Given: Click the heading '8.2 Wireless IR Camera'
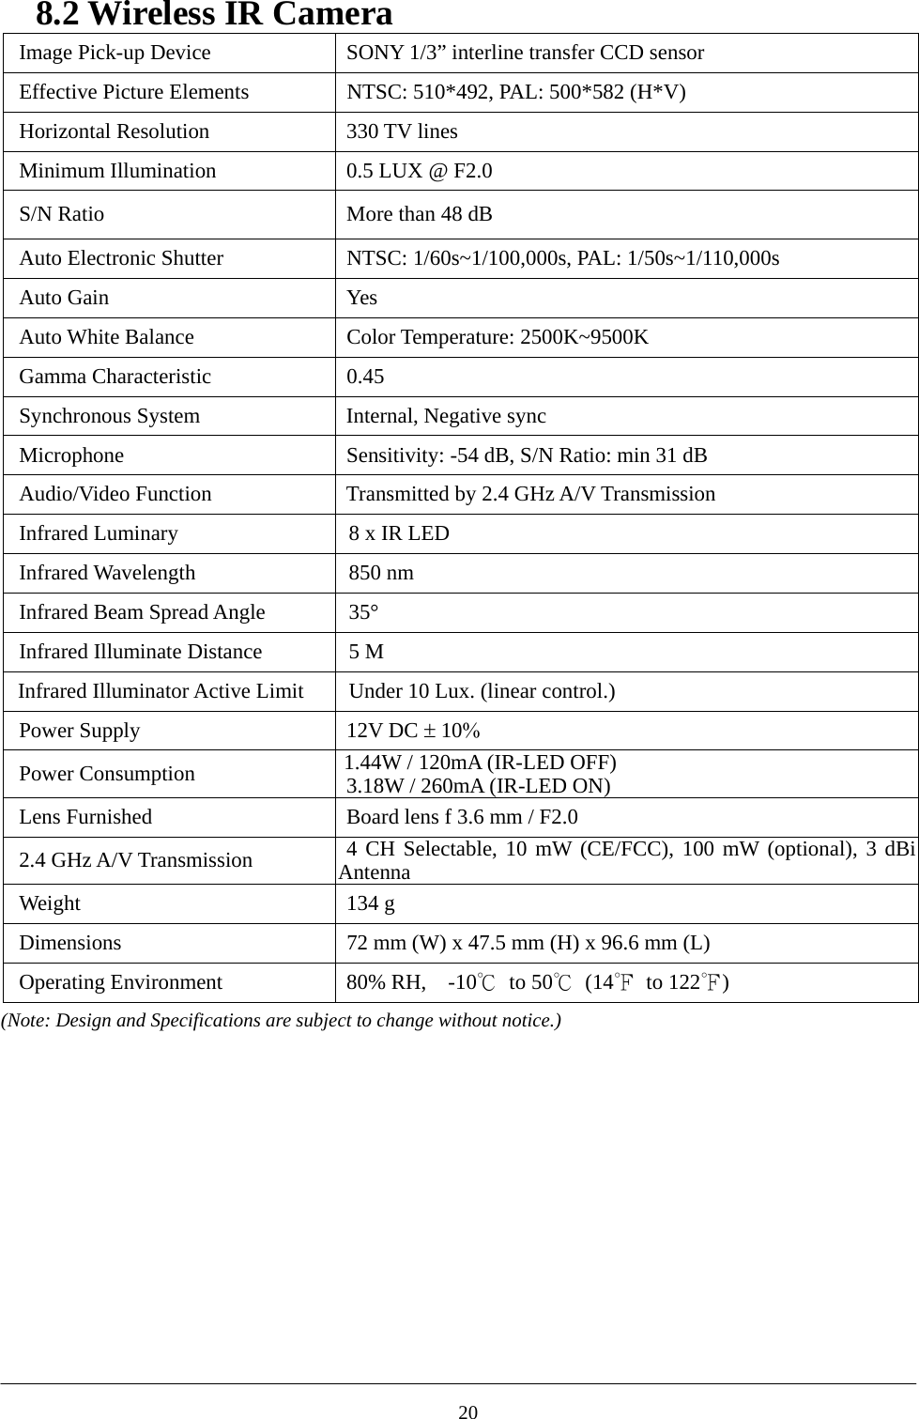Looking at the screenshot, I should point(214,15).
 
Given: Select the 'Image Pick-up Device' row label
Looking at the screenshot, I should point(115,53).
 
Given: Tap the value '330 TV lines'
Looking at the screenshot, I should point(402,131).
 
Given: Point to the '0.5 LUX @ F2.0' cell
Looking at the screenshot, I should point(419,171).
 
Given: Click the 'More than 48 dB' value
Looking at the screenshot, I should point(419,214).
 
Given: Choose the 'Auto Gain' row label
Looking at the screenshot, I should point(64,298).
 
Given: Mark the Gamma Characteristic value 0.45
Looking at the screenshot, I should point(365,377).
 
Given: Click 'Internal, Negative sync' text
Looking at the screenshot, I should point(446,416).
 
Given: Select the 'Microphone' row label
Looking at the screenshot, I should point(71,455).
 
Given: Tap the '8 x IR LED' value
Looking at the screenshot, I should point(399,533).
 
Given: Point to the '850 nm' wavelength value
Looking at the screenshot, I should point(381,573).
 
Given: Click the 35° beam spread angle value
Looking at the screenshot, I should point(364,612).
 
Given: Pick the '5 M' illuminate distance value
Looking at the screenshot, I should point(366,652).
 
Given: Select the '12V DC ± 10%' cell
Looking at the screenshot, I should point(413,731).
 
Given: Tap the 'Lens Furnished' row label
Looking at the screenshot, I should point(85,817).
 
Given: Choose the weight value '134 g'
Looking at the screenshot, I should point(371,903).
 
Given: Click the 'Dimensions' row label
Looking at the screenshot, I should point(70,943).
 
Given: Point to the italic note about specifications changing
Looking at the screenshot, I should point(281,1020).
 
